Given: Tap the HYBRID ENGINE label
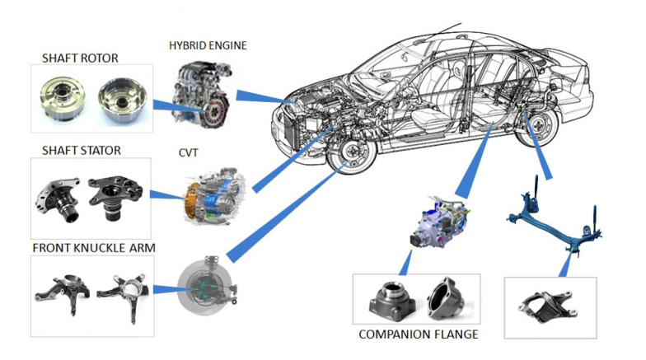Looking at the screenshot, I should (x=207, y=44).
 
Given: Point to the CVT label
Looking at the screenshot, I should (x=189, y=152).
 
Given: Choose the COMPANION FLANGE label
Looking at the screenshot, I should (x=418, y=334).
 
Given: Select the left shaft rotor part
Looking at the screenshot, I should (x=61, y=97).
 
